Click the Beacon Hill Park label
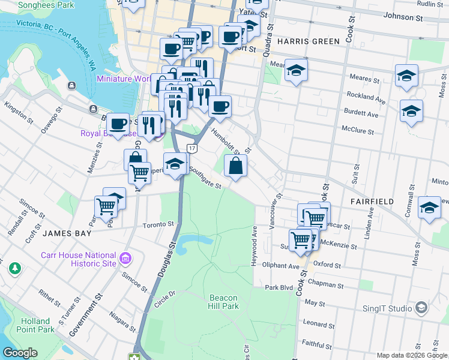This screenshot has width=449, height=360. click(x=224, y=302)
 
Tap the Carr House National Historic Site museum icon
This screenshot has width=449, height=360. click(x=125, y=259)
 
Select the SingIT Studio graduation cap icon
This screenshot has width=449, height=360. click(x=421, y=309)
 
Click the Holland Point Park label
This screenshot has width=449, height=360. click(x=38, y=325)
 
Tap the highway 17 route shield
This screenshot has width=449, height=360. click(x=191, y=148)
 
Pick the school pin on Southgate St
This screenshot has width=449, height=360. click(x=175, y=164)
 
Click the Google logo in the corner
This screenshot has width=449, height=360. click(x=20, y=353)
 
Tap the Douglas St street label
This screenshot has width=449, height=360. click(x=166, y=258)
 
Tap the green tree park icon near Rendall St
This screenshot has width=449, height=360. click(x=14, y=269)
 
